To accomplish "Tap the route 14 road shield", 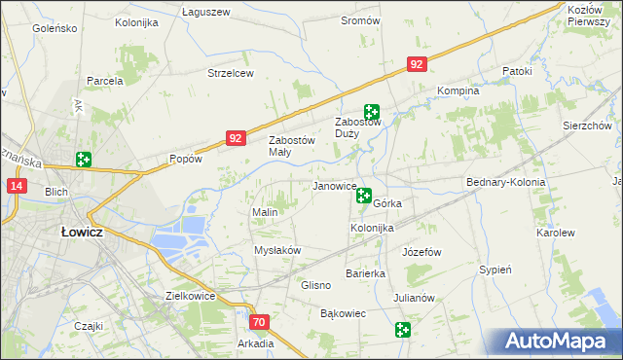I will (17, 185).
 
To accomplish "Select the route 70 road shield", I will (258, 321).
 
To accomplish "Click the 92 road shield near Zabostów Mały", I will (236, 139).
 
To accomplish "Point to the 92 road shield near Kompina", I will (417, 64).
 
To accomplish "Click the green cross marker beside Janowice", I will (364, 197).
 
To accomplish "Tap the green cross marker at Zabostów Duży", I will (371, 112).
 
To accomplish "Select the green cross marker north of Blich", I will (84, 160).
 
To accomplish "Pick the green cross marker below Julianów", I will (404, 331).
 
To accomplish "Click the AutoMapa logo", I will (559, 342).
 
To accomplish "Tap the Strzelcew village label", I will (231, 73).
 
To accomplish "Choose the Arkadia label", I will (255, 343).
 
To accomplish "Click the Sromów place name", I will (360, 19).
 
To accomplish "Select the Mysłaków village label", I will (277, 250).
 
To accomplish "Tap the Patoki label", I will (517, 71).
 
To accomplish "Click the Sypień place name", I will (496, 270).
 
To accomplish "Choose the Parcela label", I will (105, 81).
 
